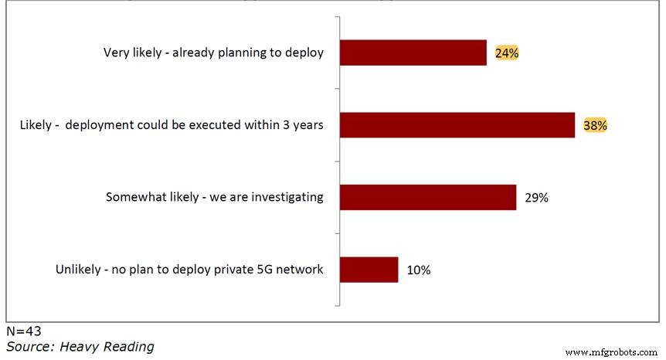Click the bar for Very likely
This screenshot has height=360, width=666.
click(413, 53)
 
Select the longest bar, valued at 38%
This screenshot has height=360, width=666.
click(457, 125)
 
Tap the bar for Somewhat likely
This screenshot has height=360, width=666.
click(428, 197)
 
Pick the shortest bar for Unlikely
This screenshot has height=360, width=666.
click(369, 270)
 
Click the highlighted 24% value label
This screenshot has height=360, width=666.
click(507, 53)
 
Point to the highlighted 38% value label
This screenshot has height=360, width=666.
click(595, 125)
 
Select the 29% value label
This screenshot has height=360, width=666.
click(536, 198)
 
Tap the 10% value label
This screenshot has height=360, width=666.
click(418, 270)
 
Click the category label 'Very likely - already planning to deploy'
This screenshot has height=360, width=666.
click(213, 53)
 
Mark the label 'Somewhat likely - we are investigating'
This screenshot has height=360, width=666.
click(214, 197)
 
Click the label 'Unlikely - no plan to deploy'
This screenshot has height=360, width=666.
click(189, 270)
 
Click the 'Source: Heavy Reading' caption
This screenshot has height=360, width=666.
click(80, 347)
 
